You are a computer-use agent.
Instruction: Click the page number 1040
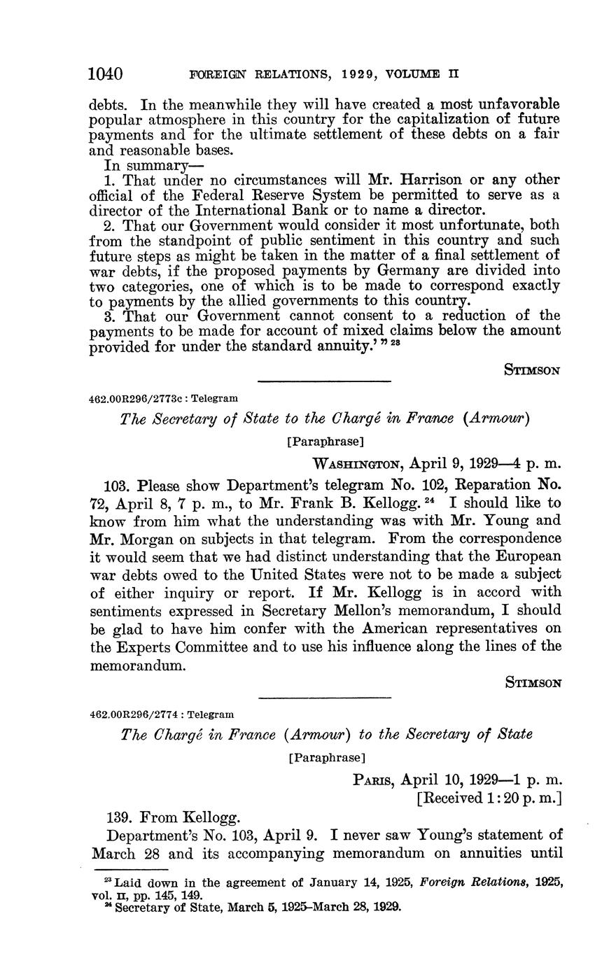coord(106,73)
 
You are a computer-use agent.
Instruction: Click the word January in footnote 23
coord(318,882)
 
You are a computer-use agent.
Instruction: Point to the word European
coord(521,556)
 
